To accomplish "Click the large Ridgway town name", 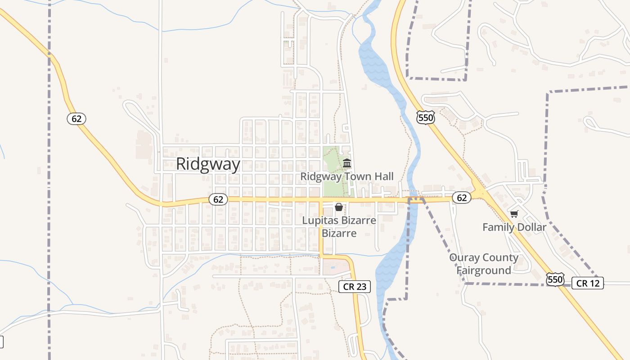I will click(x=208, y=164).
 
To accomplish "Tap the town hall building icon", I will click(x=347, y=163).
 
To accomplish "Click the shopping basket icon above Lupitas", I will click(x=338, y=207).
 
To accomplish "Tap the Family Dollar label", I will click(x=514, y=227).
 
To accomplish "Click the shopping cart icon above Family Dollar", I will click(x=514, y=214).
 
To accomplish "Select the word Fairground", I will click(x=484, y=270).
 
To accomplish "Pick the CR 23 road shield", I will click(x=355, y=287).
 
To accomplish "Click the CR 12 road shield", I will click(x=588, y=283).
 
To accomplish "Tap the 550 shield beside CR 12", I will click(x=555, y=279).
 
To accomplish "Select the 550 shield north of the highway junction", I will click(x=425, y=118).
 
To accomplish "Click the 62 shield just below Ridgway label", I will click(x=218, y=199).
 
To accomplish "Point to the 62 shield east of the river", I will click(x=461, y=198).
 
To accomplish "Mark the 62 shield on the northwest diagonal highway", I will click(x=76, y=119).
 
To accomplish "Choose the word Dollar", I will click(x=531, y=227).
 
